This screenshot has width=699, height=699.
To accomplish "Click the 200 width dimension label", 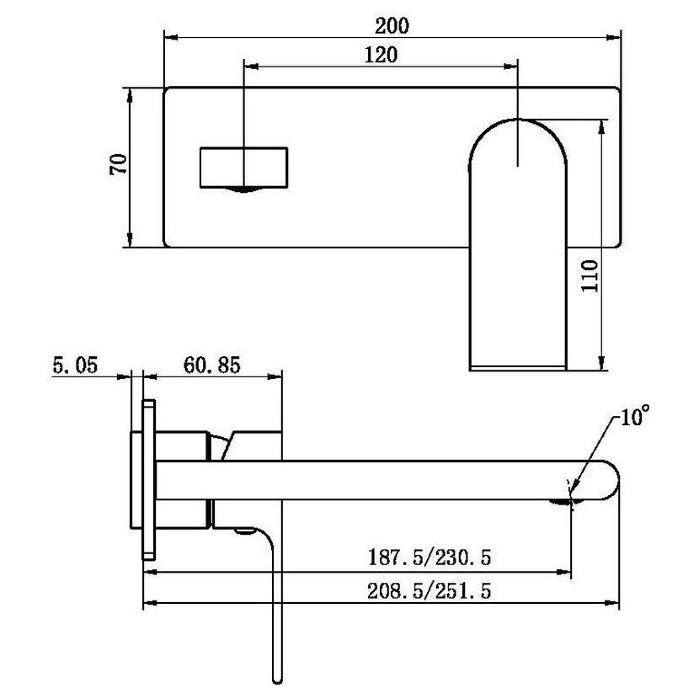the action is click(x=392, y=26).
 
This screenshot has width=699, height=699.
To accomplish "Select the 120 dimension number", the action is click(x=381, y=55).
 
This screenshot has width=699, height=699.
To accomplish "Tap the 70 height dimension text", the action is click(x=119, y=164).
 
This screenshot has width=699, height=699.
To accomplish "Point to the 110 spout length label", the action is click(x=590, y=276).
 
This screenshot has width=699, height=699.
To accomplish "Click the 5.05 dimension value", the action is click(x=75, y=366).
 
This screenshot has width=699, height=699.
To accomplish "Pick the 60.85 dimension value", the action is click(x=212, y=366).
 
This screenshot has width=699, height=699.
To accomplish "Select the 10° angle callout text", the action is click(x=635, y=415).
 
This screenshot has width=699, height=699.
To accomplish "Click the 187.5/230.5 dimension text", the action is click(x=430, y=558).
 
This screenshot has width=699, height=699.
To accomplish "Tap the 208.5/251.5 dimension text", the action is click(x=430, y=591).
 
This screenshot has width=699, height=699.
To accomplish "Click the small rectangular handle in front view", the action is click(x=244, y=168).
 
